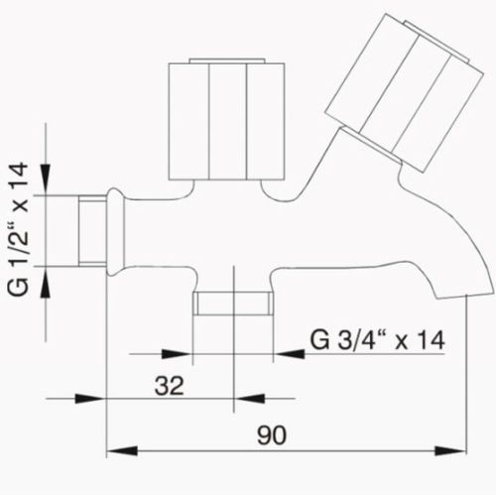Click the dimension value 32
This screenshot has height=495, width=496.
(170, 385)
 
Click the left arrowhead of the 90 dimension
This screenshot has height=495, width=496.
(115, 450)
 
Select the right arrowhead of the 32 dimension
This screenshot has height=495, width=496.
(222, 399)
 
